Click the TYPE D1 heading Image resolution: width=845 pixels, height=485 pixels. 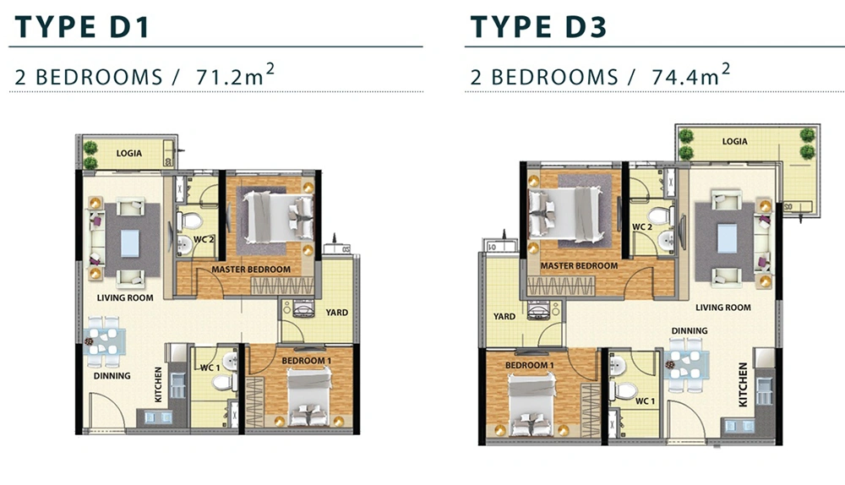point(81,27)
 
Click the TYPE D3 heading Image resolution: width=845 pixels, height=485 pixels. point(538,27)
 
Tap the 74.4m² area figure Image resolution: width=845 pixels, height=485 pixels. point(691,75)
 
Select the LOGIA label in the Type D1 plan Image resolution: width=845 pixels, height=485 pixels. point(129,153)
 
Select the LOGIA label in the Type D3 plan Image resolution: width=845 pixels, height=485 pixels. point(735,141)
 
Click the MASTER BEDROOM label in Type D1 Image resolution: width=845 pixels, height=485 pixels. point(251,269)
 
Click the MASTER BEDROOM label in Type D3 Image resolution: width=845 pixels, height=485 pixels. point(580,265)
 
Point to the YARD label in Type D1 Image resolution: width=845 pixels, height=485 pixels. point(337,312)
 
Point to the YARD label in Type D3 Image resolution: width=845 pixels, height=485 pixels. point(504,316)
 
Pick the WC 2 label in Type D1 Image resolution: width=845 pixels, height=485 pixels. point(204,239)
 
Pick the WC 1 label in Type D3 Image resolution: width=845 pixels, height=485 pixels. point(645,401)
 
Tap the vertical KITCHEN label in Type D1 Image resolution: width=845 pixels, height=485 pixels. point(158,384)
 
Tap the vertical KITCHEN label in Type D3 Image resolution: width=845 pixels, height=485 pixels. point(743,384)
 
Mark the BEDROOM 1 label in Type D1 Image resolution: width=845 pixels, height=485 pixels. point(307,361)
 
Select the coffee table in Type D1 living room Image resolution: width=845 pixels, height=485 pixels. point(130,243)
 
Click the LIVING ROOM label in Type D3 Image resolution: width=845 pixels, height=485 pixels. point(723,308)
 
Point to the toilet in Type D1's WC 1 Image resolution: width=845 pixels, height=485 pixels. point(224,383)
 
